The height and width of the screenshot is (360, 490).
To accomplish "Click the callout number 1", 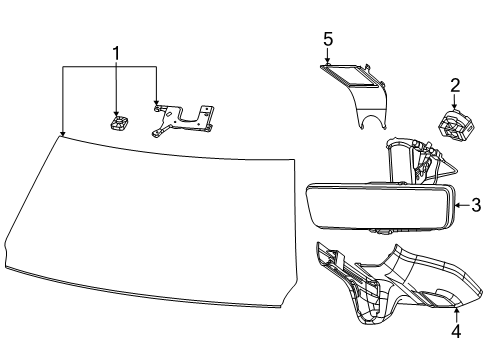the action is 116,52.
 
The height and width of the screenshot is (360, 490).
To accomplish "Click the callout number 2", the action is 454,86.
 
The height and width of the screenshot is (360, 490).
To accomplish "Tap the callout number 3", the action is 476,206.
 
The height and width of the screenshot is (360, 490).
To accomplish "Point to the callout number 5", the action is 326,40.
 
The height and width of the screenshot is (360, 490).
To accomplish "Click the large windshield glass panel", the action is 150,210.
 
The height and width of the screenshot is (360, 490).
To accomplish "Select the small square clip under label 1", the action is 117,123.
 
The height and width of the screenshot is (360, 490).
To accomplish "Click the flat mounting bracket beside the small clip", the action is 185,118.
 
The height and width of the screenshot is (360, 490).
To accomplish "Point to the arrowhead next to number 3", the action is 458,206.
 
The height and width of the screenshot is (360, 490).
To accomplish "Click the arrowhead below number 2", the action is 454,111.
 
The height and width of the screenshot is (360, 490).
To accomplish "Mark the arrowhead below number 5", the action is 326,63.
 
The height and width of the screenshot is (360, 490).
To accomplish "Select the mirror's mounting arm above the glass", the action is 410,162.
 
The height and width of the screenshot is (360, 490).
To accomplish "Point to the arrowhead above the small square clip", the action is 117,113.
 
